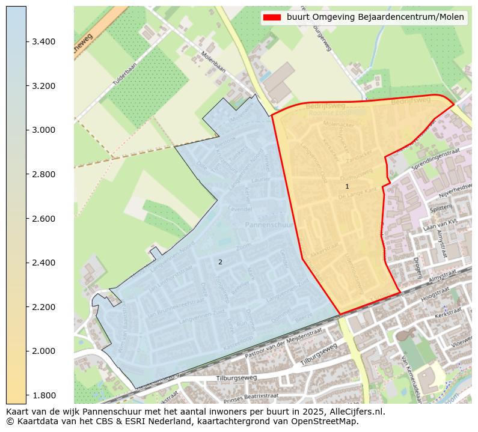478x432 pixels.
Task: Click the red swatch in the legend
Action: [272, 17]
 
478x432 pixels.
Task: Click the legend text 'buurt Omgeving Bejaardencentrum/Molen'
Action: [375, 17]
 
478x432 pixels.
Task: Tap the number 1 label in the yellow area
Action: [347, 187]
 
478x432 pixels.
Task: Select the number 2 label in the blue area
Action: [220, 262]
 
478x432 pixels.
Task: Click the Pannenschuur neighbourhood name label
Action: [269, 224]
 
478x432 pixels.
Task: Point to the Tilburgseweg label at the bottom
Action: [236, 378]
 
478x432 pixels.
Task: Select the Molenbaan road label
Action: [214, 61]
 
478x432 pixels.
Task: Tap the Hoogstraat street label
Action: [435, 296]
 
